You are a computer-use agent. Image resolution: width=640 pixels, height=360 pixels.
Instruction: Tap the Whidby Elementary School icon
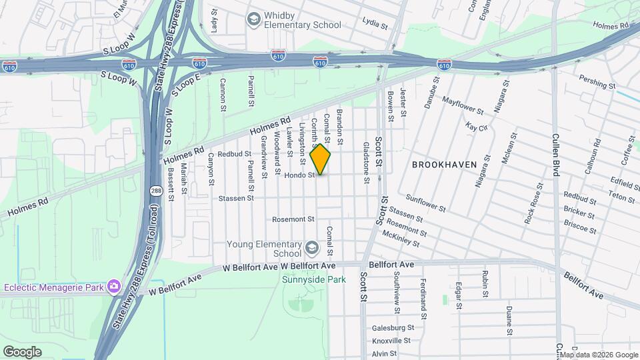pos(253,19)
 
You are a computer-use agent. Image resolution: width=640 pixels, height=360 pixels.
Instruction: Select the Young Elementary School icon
pos(311,249)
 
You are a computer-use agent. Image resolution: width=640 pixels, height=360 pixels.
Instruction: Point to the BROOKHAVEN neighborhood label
pos(444,164)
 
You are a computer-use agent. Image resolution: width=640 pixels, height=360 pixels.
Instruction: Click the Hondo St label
pos(299,175)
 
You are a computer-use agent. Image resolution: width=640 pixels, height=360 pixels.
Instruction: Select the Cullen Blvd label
pos(555,153)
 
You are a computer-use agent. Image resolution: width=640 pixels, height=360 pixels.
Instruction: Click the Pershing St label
pos(597,85)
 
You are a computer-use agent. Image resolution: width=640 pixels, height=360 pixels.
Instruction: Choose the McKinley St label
pos(401,239)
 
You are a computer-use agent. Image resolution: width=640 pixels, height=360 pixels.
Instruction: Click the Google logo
pos(22,352)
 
